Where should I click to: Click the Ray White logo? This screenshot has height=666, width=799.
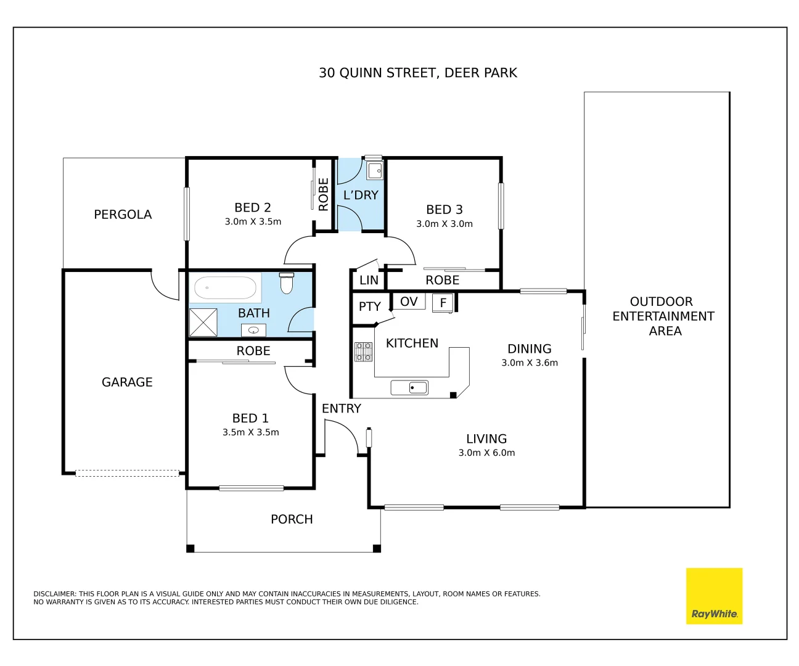[x=714, y=596]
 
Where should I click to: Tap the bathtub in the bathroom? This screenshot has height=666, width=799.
[x=225, y=288]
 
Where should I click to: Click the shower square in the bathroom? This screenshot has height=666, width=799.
[x=203, y=322]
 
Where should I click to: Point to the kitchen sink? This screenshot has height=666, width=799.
[x=409, y=387]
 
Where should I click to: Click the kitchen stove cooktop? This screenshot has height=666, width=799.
[x=363, y=351]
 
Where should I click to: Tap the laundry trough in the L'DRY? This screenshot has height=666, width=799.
[x=374, y=170]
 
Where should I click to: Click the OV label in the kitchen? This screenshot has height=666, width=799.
[x=409, y=302]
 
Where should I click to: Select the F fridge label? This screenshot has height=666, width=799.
[x=443, y=303]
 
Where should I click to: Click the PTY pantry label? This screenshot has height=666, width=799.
[x=369, y=306]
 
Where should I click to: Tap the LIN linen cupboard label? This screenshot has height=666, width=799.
[x=369, y=280]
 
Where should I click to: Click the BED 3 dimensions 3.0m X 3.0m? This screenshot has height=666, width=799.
[x=445, y=224]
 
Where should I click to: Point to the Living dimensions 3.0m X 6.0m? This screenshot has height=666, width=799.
[x=486, y=453]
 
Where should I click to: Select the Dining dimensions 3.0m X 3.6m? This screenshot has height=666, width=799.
[x=530, y=363]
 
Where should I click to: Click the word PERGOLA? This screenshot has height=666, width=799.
[x=123, y=215]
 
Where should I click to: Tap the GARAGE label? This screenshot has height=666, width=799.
[x=127, y=382]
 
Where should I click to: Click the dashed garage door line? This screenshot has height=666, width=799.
[x=127, y=474]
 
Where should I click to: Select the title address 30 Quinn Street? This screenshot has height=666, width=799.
[x=417, y=73]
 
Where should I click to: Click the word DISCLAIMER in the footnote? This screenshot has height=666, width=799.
[x=54, y=594]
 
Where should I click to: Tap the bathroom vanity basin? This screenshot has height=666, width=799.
[x=253, y=331]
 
